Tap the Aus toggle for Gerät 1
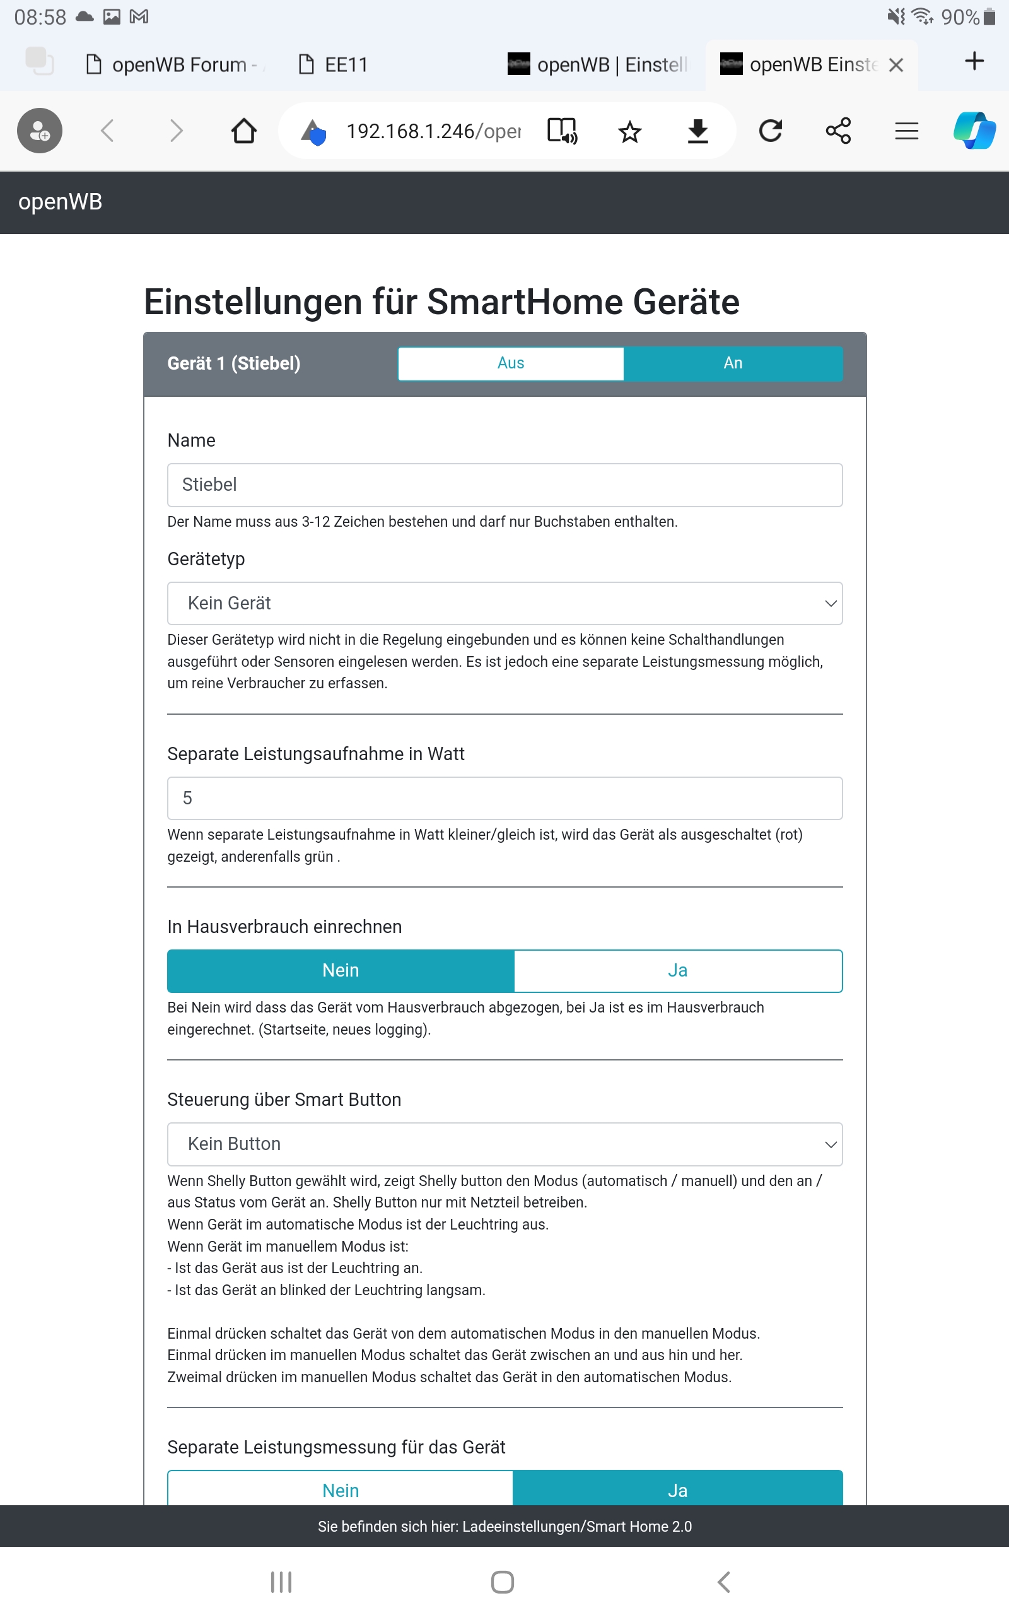point(511,363)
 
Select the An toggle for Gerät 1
point(733,363)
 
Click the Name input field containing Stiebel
point(504,484)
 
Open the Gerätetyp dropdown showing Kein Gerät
point(504,603)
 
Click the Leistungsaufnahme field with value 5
point(504,798)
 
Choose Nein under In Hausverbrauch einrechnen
point(341,970)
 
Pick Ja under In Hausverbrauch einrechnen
point(677,970)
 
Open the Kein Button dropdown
point(504,1144)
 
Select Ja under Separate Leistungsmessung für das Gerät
point(677,1489)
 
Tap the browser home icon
point(243,131)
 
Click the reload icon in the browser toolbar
point(771,131)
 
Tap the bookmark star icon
point(629,132)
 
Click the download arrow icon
point(698,131)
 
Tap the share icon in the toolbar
point(838,131)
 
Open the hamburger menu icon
point(906,131)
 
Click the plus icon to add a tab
point(974,61)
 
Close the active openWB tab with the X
point(896,65)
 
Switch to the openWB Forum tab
point(177,65)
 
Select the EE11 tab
point(345,65)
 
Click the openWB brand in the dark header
point(60,201)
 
